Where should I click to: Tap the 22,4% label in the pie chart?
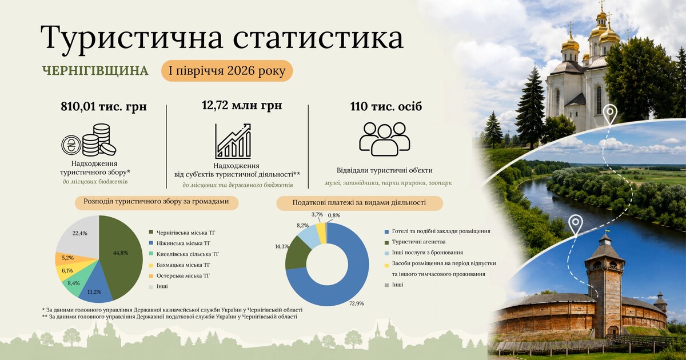point(79,233)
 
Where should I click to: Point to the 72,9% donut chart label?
point(357,303)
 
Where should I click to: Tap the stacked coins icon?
point(89,140)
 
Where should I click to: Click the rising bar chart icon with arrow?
point(233,141)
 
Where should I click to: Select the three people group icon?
point(385,139)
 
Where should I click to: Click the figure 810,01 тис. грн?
point(104,106)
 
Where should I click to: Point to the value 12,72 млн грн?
point(242,105)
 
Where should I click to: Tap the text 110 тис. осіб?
point(386,106)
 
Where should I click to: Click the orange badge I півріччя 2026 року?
point(228,71)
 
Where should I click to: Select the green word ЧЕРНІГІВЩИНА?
point(95,71)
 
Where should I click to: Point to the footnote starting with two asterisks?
point(169,317)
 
